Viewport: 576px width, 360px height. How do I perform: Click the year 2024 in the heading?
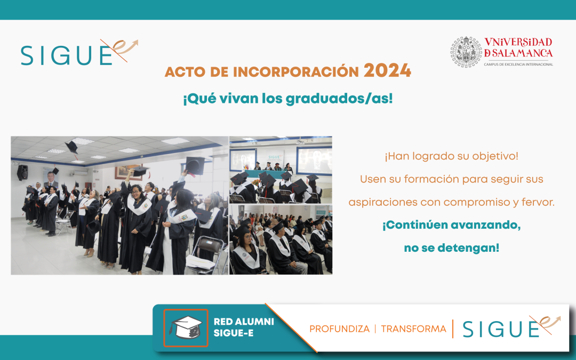[x=387, y=70]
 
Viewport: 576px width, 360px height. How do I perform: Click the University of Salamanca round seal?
[x=466, y=52]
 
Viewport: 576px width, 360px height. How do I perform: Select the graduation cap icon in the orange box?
[x=186, y=327]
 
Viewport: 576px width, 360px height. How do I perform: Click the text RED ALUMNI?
[x=244, y=322]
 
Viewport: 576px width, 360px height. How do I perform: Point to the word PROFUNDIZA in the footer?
[x=339, y=329]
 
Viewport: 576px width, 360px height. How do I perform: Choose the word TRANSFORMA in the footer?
[x=413, y=329]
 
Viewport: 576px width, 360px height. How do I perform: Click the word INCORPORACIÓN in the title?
[x=295, y=71]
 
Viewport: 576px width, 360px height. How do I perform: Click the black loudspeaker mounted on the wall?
[x=22, y=172]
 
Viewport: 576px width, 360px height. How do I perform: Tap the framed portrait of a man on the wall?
[x=51, y=179]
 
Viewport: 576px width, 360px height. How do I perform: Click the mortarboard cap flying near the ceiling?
[x=72, y=147]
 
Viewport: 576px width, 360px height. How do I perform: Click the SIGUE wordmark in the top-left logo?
[x=67, y=55]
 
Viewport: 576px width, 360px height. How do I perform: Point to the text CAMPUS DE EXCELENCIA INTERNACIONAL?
[x=518, y=65]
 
